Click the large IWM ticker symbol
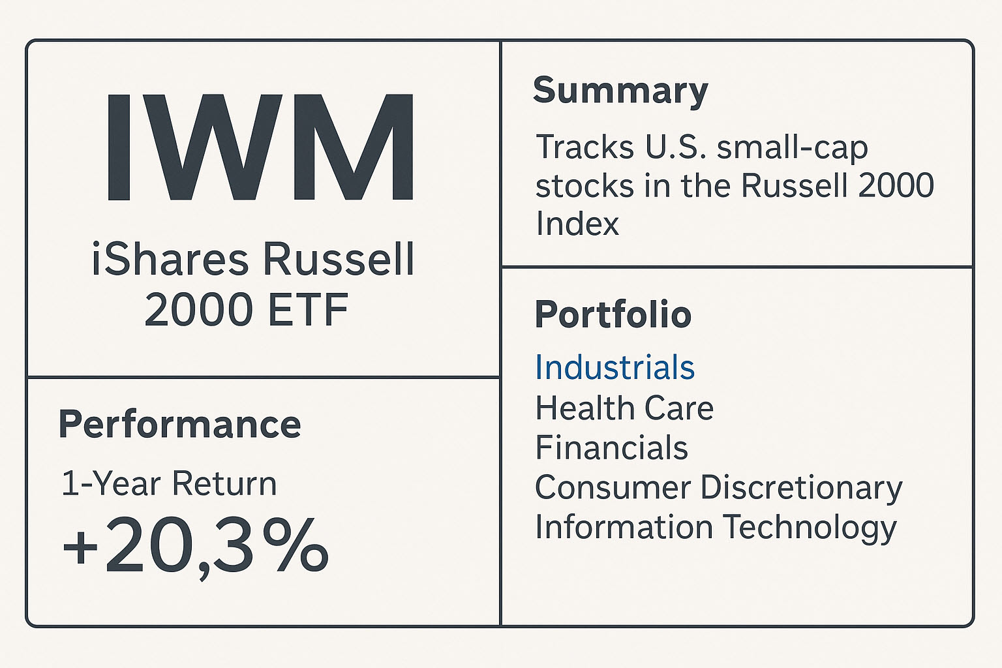[x=259, y=148]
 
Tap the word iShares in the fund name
[x=170, y=260]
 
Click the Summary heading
[x=620, y=91]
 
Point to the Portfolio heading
[x=613, y=315]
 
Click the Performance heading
[x=179, y=425]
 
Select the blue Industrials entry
[x=615, y=367]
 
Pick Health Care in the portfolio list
[x=624, y=408]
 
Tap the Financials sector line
[x=611, y=448]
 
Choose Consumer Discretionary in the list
[x=718, y=488]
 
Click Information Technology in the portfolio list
[x=716, y=528]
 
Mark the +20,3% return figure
[x=195, y=547]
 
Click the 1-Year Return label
[x=169, y=484]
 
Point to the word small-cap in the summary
[x=792, y=148]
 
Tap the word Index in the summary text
[x=577, y=224]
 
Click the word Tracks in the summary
[x=584, y=147]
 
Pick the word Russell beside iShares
[x=338, y=260]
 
